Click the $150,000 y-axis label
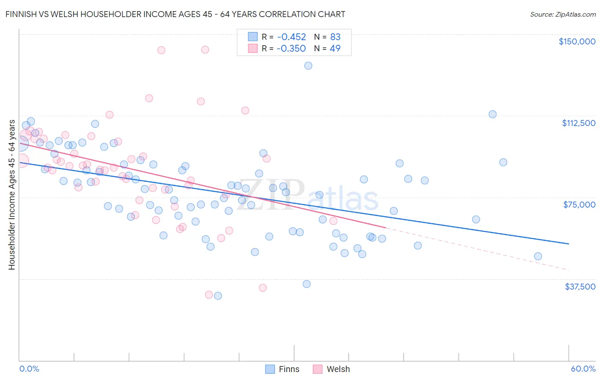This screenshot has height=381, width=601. (577, 41)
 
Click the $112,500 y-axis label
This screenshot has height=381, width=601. (578, 123)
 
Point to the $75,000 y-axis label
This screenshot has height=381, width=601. (579, 205)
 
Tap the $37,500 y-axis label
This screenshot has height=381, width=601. (580, 287)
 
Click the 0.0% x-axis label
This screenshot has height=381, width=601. (29, 369)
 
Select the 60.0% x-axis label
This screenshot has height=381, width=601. (583, 369)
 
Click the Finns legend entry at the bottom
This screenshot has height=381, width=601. (282, 369)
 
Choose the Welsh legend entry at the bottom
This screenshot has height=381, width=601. (331, 369)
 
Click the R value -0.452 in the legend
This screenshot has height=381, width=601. (291, 37)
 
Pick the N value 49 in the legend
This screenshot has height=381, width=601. (335, 48)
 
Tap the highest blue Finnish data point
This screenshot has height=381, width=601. (308, 66)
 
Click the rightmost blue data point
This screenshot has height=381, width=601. (538, 256)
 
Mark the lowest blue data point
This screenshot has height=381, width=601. (218, 296)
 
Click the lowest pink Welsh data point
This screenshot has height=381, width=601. (209, 295)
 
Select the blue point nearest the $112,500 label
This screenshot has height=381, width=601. (492, 114)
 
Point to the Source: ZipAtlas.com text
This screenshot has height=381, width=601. (563, 14)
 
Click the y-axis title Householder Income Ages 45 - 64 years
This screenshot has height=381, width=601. (12, 195)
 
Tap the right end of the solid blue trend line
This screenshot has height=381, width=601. (569, 243)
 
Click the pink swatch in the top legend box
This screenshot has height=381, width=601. (253, 48)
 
